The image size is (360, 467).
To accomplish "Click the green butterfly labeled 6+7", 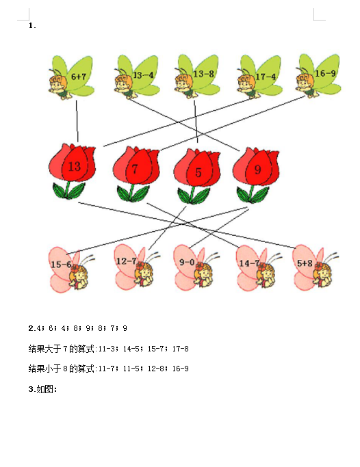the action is (x=72, y=77).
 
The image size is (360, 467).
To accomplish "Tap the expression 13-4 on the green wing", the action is (x=143, y=75).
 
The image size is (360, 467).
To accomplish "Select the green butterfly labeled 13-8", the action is (x=197, y=77).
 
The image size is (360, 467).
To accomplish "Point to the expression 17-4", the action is (x=266, y=77).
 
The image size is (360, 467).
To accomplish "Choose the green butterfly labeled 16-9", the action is (x=318, y=76).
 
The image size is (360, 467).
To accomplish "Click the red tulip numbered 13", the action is (x=72, y=171).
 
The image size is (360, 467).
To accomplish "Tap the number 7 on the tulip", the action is (x=135, y=169).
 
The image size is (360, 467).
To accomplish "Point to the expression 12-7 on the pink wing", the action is (x=126, y=261).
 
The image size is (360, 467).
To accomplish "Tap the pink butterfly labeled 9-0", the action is (x=196, y=268).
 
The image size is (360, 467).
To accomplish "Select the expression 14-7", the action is (x=249, y=263).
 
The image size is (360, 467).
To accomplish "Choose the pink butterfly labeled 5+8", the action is (x=316, y=267).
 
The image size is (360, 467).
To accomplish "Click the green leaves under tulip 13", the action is (x=69, y=191).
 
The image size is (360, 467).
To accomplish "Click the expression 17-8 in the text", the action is (x=180, y=349).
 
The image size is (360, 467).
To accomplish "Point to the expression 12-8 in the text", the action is (x=156, y=369).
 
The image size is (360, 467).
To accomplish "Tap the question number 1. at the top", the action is (x=32, y=25).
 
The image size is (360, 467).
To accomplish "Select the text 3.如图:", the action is (x=42, y=389).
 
